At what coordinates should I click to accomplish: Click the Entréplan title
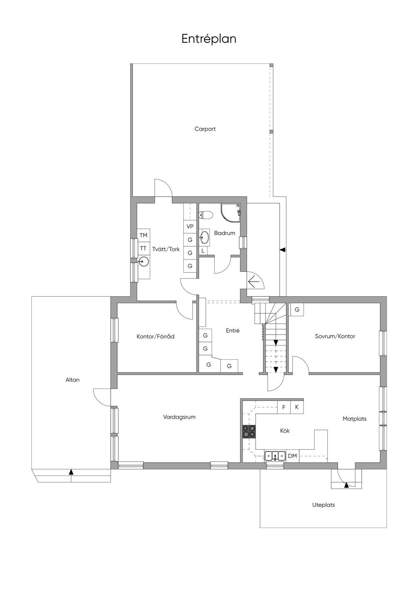209,39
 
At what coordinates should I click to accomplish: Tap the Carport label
205,129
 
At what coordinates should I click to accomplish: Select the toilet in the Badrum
206,215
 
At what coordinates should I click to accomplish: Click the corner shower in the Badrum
230,213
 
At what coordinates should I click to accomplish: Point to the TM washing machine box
144,235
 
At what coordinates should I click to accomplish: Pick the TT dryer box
144,248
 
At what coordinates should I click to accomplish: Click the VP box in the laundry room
190,227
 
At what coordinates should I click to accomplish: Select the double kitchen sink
275,456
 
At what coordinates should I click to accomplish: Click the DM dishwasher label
292,456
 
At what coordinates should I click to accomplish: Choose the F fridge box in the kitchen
284,407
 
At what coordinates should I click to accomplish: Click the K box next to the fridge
297,407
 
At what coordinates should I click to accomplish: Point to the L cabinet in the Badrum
203,251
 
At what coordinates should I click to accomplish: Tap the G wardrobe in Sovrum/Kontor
297,309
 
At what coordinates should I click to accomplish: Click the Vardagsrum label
179,417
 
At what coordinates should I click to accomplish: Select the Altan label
73,380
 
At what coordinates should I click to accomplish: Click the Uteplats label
324,505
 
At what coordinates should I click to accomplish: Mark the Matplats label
354,419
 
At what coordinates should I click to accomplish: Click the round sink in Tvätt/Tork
144,262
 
